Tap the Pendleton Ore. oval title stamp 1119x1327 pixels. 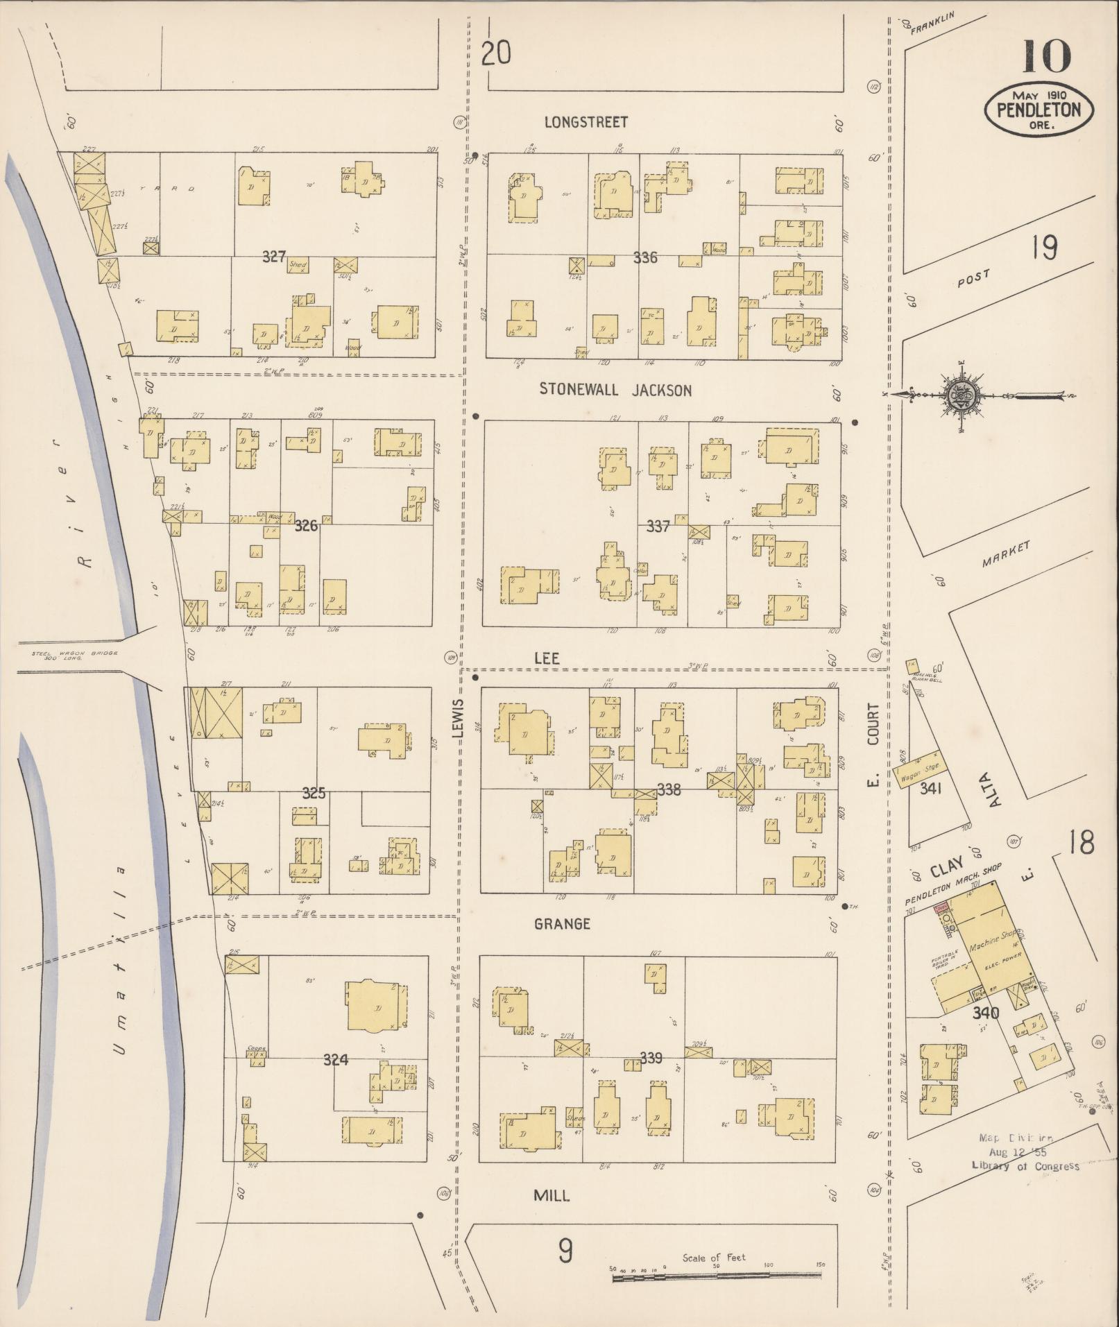(1039, 110)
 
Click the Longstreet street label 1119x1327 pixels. (586, 123)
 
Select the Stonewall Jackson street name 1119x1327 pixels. (615, 391)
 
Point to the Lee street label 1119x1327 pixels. (547, 658)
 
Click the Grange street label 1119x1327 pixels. (562, 924)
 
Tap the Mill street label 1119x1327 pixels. (552, 1195)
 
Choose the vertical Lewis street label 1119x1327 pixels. (458, 726)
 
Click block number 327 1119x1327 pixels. (274, 257)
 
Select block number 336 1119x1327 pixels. (644, 258)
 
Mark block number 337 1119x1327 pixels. (657, 526)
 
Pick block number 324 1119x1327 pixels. (335, 1060)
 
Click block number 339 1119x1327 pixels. (651, 1059)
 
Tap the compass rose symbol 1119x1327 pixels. (960, 396)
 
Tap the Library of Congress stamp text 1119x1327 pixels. (1025, 1166)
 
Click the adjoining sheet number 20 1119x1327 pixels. (496, 53)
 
